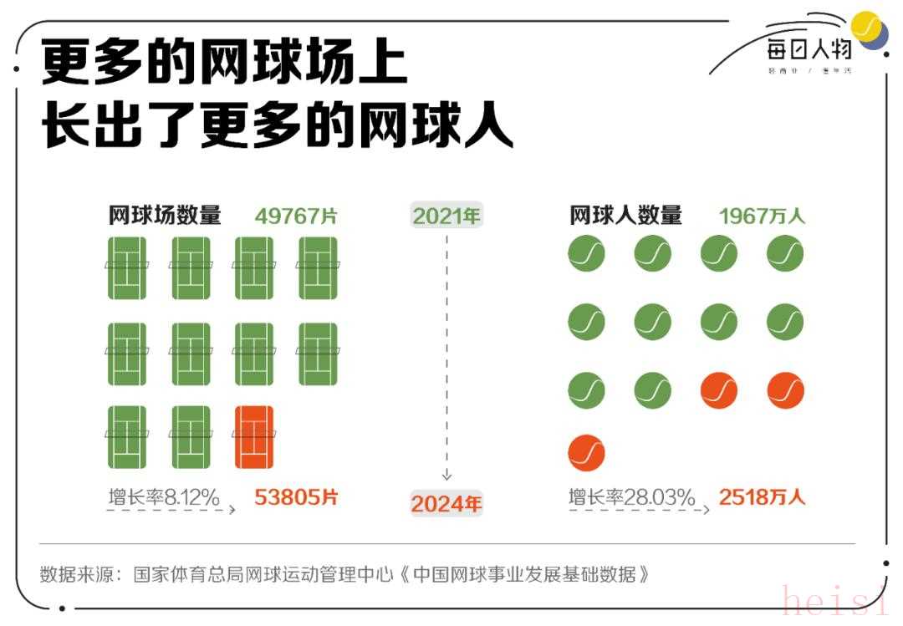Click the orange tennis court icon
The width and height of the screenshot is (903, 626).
[x=254, y=437]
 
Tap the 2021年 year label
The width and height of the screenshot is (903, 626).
[x=447, y=215]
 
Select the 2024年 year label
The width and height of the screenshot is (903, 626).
[x=446, y=504]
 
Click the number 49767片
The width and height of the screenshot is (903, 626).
[x=296, y=216]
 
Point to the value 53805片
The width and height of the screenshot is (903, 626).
[x=296, y=497]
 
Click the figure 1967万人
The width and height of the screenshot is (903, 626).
[x=762, y=216]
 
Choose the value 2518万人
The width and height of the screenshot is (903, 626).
[x=762, y=497]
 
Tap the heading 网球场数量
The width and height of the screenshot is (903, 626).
[x=165, y=216]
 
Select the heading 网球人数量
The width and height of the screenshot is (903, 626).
[x=625, y=216]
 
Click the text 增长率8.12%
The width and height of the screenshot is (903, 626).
[x=164, y=498]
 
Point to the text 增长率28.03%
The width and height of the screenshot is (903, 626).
[x=631, y=498]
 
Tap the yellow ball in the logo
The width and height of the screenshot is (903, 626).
[x=867, y=28]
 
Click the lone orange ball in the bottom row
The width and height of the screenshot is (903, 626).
[x=586, y=453]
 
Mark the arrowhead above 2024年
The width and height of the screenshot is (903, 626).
[x=447, y=474]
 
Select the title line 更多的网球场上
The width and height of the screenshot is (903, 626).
[x=224, y=64]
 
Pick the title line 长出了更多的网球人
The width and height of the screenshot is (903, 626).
[x=277, y=127]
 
